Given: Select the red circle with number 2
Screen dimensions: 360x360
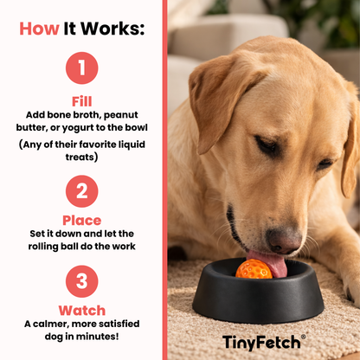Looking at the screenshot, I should [82, 192].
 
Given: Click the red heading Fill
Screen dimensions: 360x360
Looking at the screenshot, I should [82, 100].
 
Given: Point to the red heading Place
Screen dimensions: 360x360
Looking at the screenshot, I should [82, 220].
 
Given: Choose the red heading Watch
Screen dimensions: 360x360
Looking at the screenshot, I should [82, 310].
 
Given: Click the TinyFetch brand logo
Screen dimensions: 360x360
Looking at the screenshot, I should [264, 341].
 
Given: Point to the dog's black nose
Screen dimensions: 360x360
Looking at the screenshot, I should [283, 240].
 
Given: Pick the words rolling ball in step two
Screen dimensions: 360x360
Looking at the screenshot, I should [54, 247].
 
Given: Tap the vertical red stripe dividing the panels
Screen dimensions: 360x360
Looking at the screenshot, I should [164, 180].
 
